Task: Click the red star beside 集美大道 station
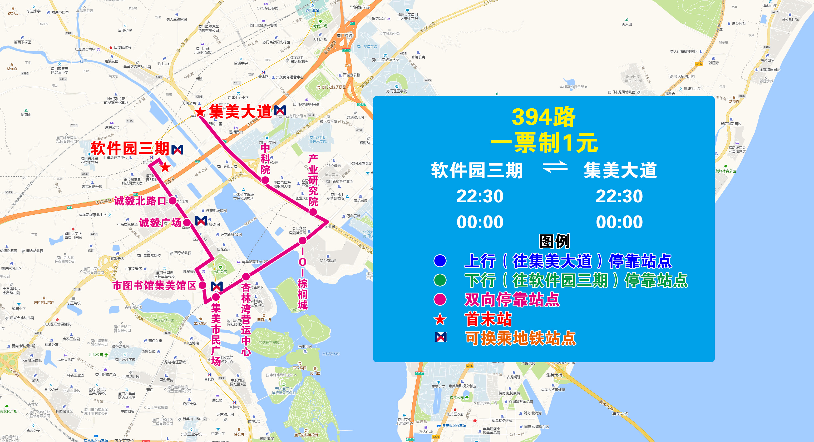click(200, 112)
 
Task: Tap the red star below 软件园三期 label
click(165, 167)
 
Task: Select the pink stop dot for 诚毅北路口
click(172, 201)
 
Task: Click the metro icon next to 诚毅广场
click(201, 221)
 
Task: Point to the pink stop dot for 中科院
click(265, 180)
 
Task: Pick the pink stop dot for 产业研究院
click(313, 212)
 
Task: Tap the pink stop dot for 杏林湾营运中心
click(246, 277)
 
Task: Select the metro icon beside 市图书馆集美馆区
click(217, 286)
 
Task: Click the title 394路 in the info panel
click(544, 117)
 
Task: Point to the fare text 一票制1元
click(544, 143)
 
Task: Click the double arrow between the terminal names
click(555, 167)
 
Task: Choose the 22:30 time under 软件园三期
click(480, 196)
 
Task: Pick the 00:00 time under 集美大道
click(619, 222)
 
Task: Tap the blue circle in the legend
click(440, 261)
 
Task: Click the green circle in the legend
click(440, 280)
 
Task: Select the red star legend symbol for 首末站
click(440, 319)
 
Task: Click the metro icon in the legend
click(441, 337)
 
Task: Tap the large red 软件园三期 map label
click(130, 148)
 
